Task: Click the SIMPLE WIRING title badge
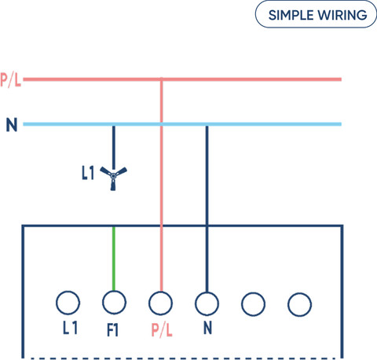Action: pyautogui.click(x=316, y=15)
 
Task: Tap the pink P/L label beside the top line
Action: pyautogui.click(x=10, y=80)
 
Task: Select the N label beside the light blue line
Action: pyautogui.click(x=12, y=125)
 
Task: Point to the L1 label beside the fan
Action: pyautogui.click(x=88, y=173)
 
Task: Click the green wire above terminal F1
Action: pyautogui.click(x=114, y=259)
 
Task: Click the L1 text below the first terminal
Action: pyautogui.click(x=70, y=328)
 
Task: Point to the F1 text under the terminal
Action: pyautogui.click(x=113, y=330)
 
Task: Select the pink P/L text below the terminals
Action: pyautogui.click(x=162, y=330)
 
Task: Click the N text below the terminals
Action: pyautogui.click(x=207, y=328)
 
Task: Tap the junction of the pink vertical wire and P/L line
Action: pyautogui.click(x=161, y=79)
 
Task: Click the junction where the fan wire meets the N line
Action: pyautogui.click(x=113, y=124)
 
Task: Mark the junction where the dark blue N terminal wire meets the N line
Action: pyautogui.click(x=207, y=124)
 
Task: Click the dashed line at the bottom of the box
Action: pyautogui.click(x=183, y=358)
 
